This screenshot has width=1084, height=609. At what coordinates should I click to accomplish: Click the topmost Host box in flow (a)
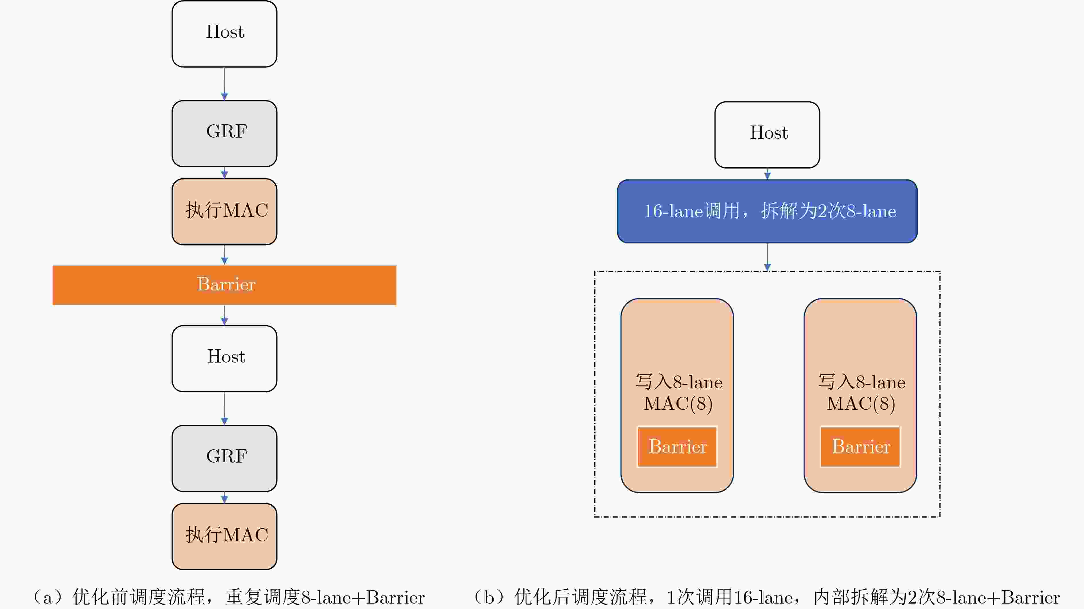click(x=224, y=34)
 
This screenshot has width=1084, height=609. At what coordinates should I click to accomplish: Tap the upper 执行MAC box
click(x=224, y=212)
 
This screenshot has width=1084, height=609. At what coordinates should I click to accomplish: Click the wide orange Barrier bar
click(x=224, y=285)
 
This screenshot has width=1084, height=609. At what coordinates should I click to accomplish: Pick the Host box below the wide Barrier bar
click(x=224, y=358)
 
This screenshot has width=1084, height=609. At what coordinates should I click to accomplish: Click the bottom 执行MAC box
click(x=224, y=536)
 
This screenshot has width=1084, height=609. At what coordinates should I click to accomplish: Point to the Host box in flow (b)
click(x=767, y=135)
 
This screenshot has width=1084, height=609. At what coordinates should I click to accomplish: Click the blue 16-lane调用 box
click(x=767, y=211)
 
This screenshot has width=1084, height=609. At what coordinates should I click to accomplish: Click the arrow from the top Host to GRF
click(x=224, y=84)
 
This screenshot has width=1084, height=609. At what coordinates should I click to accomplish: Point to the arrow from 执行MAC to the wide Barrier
click(x=224, y=255)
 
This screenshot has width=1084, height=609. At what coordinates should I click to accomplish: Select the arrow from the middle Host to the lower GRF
click(x=224, y=408)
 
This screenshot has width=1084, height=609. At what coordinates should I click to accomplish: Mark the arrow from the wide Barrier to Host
click(x=224, y=315)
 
